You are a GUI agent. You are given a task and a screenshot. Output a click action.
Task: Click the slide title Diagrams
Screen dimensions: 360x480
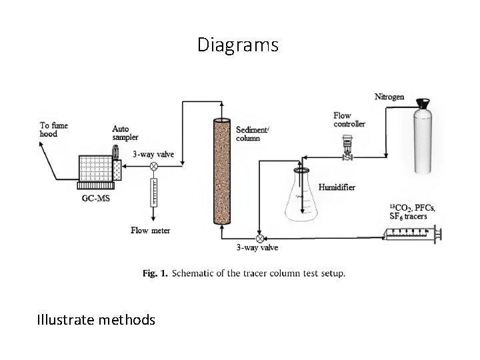pyautogui.click(x=238, y=45)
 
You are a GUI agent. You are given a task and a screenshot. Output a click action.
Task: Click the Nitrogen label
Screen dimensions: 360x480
pyautogui.click(x=389, y=97)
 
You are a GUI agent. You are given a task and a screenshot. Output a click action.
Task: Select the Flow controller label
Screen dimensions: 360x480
pyautogui.click(x=349, y=120)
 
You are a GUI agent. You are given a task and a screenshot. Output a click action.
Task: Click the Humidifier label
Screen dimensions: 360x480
pyautogui.click(x=337, y=188)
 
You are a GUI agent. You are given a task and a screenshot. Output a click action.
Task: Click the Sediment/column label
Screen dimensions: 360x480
pyautogui.click(x=253, y=134)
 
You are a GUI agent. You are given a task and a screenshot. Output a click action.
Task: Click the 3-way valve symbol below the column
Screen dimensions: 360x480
pyautogui.click(x=259, y=237)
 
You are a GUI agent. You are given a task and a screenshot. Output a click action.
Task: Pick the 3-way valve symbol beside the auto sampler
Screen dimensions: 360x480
pyautogui.click(x=153, y=165)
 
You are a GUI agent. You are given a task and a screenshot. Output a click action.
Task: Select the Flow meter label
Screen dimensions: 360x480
pyautogui.click(x=150, y=231)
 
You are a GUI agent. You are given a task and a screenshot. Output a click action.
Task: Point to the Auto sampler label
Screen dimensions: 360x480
pyautogui.click(x=125, y=133)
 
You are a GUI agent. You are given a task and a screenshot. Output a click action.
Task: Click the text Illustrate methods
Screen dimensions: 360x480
pyautogui.click(x=96, y=320)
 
